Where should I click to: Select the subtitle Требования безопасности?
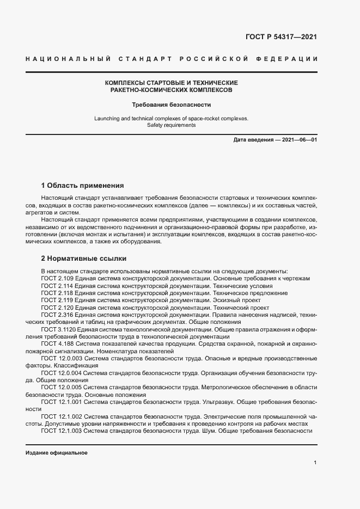click(171, 105)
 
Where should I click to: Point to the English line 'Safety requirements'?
click(171, 125)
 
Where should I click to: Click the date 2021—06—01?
click(298, 140)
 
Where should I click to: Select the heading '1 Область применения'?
click(82, 185)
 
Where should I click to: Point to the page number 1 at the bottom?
click(315, 463)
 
